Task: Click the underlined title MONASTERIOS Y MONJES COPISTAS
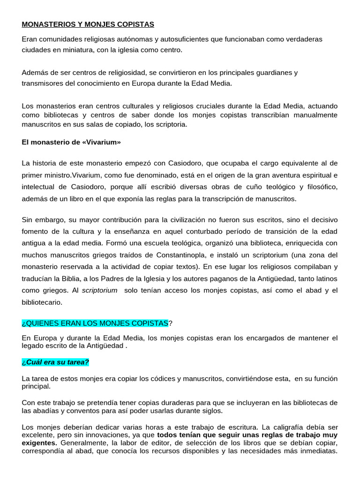88,24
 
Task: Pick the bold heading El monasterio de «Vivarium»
71,142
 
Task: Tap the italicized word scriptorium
99,291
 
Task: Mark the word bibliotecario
42,302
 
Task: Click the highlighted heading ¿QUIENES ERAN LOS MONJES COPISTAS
95,323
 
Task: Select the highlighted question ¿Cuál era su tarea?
55,361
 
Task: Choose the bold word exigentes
39,442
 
